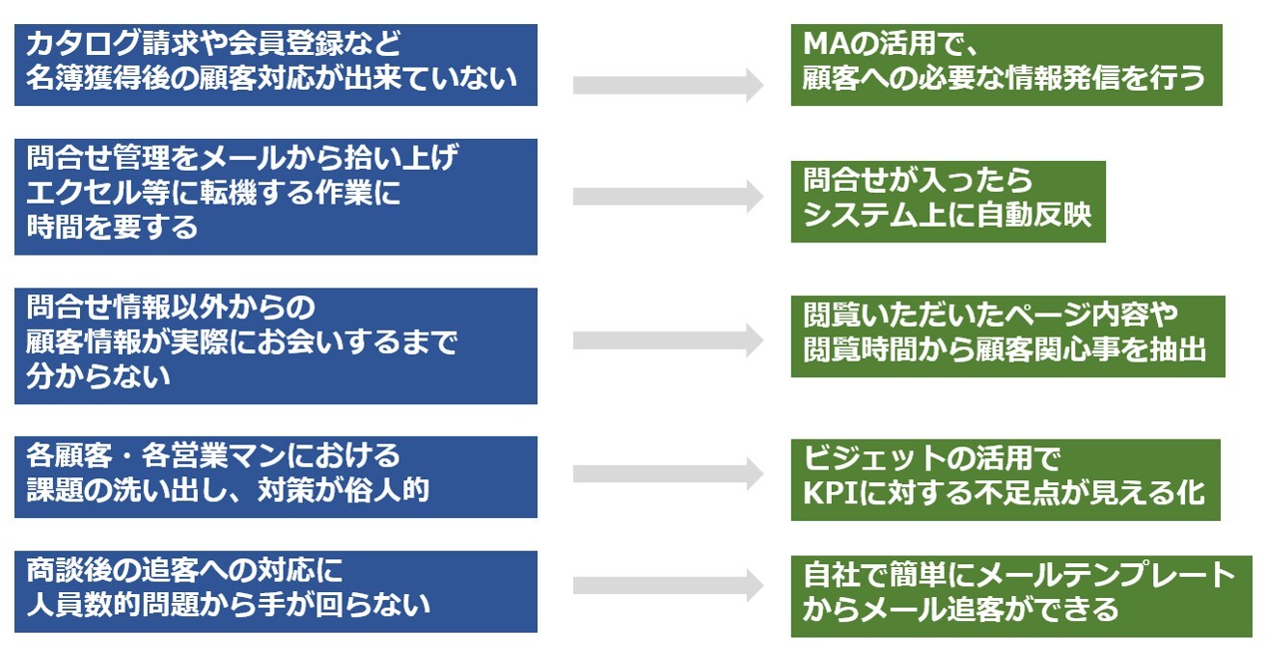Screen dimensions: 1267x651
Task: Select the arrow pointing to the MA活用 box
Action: pyautogui.click(x=668, y=85)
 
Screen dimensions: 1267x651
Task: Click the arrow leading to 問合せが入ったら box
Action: pyautogui.click(x=668, y=196)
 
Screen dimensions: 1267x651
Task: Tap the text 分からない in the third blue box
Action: pyautogui.click(x=97, y=376)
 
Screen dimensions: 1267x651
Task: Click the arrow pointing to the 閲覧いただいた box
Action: pyautogui.click(x=668, y=340)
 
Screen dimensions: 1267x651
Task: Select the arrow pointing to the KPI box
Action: pyautogui.click(x=668, y=474)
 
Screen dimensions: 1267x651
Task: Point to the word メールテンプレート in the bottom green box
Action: pyautogui.click(x=1105, y=575)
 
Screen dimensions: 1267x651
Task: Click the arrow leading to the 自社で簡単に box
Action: pyautogui.click(x=668, y=584)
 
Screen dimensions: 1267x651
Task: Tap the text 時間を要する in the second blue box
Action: pyautogui.click(x=112, y=228)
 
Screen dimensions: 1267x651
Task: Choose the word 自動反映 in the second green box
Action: pyautogui.click(x=1033, y=215)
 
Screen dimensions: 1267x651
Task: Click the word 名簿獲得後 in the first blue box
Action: pyautogui.click(x=97, y=78)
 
